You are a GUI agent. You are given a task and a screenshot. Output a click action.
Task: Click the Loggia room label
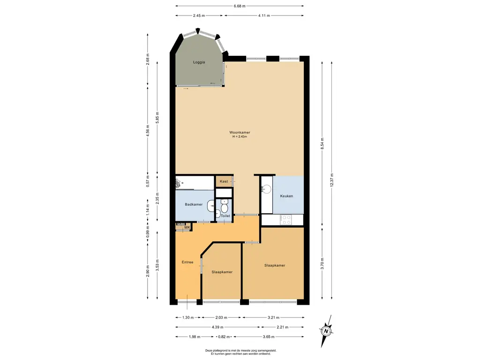pyautogui.click(x=199, y=62)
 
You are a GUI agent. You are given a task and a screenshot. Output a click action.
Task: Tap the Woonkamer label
pyautogui.click(x=240, y=133)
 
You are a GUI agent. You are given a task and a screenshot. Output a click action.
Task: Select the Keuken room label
pyautogui.click(x=286, y=196)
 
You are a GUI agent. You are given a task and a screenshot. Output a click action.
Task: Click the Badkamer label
pyautogui.click(x=194, y=204)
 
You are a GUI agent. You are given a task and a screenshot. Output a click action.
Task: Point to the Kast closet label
pyautogui.click(x=224, y=181)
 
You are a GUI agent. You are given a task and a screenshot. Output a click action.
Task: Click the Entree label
pyautogui.click(x=187, y=262)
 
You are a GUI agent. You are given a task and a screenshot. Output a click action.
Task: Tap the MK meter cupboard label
pyautogui.click(x=187, y=227)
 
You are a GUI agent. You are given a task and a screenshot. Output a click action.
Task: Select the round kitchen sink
pyautogui.click(x=266, y=189)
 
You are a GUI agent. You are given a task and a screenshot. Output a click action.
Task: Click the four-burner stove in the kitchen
pyautogui.click(x=286, y=219)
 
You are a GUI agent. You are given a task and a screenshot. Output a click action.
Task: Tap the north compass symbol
pyautogui.click(x=326, y=331)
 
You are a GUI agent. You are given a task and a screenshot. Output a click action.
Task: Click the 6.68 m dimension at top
pyautogui.click(x=240, y=6)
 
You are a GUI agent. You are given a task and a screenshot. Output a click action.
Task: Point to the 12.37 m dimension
pyautogui.click(x=332, y=180)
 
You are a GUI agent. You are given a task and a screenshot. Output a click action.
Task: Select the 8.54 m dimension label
pyautogui.click(x=322, y=143)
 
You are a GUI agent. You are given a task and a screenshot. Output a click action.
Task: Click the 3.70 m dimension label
pyautogui.click(x=322, y=263)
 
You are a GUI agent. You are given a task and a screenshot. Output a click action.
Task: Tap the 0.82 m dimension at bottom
pyautogui.click(x=224, y=337)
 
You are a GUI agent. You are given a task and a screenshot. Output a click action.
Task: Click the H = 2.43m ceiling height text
pyautogui.click(x=240, y=136)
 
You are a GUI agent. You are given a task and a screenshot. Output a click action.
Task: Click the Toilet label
pyautogui.click(x=225, y=216)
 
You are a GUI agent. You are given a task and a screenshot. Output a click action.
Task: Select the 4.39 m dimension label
pyautogui.click(x=217, y=327)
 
